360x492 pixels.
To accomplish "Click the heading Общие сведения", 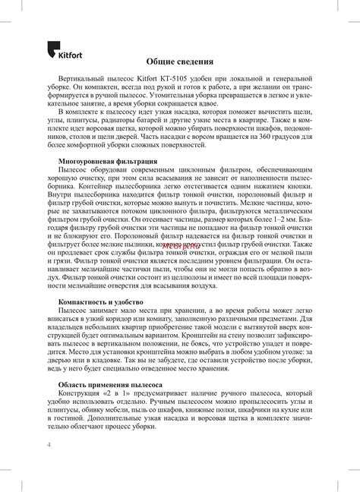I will pos(180,61).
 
